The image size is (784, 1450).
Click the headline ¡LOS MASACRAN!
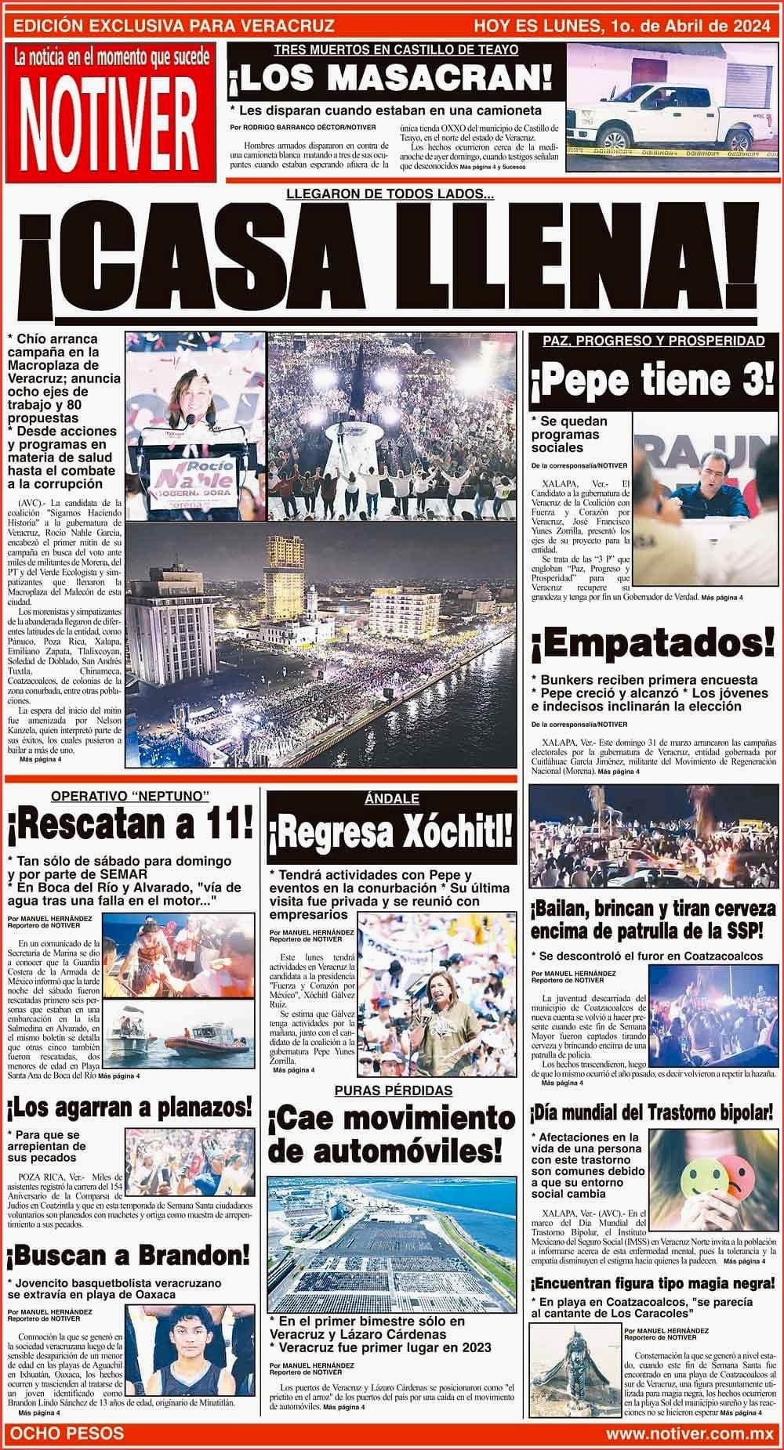coord(390,80)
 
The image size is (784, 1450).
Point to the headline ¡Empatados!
coord(652,645)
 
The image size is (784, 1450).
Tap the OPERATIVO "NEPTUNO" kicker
coord(129,797)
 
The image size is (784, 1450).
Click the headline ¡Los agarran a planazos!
coord(129,1107)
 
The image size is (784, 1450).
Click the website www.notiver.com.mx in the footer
coord(689,1433)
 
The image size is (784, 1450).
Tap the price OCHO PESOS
coord(70,1433)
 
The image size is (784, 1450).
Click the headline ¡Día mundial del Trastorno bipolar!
coord(652,1112)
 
